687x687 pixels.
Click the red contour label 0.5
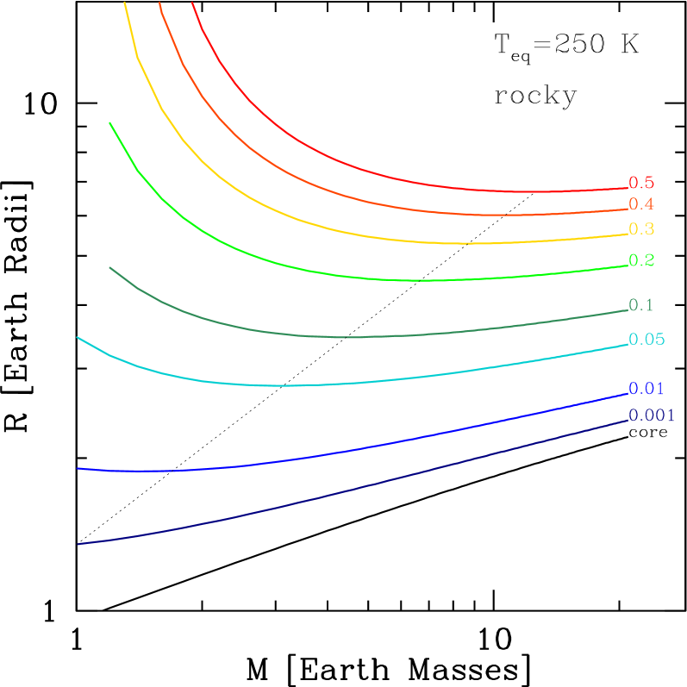tap(640, 183)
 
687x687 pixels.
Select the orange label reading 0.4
tap(640, 204)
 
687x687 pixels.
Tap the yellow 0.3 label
tap(640, 229)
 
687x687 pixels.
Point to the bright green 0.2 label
tap(641, 260)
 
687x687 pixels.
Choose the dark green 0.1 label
tap(640, 305)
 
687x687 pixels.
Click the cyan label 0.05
tap(646, 340)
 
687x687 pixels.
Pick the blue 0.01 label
tap(646, 389)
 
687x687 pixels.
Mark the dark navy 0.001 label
tap(651, 415)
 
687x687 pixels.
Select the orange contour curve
tap(345, 197)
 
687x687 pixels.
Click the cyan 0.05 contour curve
tap(345, 384)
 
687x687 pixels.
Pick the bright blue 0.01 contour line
tap(345, 450)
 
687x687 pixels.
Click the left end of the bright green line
tap(110, 123)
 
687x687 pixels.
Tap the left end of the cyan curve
tap(78, 338)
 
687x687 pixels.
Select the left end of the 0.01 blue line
tap(78, 469)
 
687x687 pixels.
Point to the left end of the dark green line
tap(110, 268)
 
